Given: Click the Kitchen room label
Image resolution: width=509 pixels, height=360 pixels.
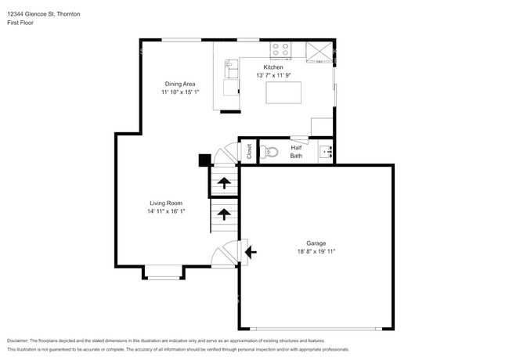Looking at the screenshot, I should pos(273,68).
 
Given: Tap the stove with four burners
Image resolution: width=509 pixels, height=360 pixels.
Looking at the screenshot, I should pos(280,51).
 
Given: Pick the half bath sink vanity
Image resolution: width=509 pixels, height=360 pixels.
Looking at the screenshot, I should pos(327,152).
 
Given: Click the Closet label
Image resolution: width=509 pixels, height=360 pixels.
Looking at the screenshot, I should pos(249,152).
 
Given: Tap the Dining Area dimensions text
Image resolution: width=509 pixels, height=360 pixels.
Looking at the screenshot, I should pos(180,92).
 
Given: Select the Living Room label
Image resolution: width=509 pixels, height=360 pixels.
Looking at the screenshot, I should pos(166,203).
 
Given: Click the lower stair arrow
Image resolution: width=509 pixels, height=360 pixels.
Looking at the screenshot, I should pos(223,212).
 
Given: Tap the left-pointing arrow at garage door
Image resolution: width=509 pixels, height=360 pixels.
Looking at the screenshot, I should pos(250,252).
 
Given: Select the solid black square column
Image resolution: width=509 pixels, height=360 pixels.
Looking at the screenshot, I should pos(204,160).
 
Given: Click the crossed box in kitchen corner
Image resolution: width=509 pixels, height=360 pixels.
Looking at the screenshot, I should pos(318,51).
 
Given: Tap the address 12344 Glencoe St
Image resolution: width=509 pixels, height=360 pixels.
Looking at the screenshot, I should pos(35,14).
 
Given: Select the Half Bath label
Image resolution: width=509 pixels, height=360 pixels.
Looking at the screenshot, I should pos(296,151).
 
